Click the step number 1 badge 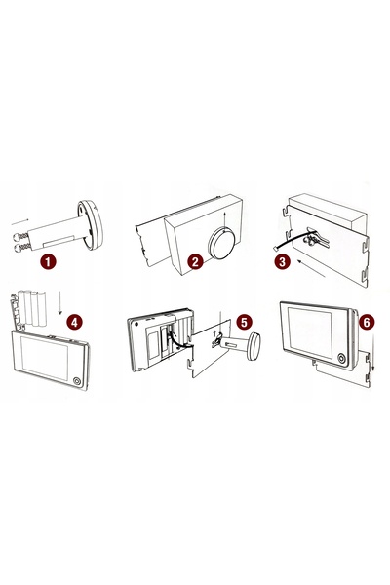coord(48,261)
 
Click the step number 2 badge coord(195,261)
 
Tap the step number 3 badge coord(282,261)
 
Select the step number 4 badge coord(75,322)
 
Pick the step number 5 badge coord(244,322)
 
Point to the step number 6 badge coord(367,322)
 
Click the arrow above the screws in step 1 coord(20,222)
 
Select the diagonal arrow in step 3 coord(311,269)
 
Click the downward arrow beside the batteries coord(60,303)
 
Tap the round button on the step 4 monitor coord(76,381)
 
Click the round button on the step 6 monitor coord(340,359)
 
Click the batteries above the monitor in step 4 coord(32,309)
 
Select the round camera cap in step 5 coord(253,347)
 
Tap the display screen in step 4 coord(45,358)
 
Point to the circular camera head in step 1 coord(90,225)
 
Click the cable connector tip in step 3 coord(275,249)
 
